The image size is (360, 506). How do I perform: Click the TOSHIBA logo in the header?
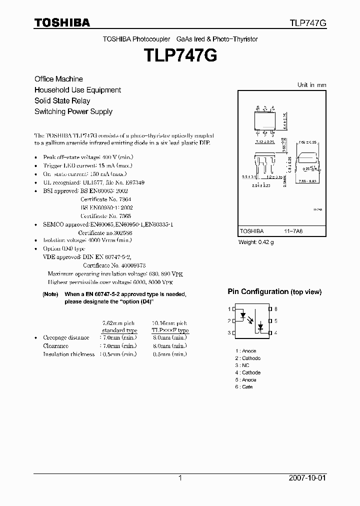coord(62,22)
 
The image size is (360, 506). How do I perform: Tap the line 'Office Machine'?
coord(58,79)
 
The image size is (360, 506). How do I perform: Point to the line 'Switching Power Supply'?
coord(73,111)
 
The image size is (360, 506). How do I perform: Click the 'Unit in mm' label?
coord(311,85)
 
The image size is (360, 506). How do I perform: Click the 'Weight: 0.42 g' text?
coord(256,242)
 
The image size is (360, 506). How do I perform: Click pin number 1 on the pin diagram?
coord(229,309)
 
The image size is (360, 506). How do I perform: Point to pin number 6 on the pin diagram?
coord(276,309)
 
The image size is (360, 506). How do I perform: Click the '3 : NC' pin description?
coord(242,365)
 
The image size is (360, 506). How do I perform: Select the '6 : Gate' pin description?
coord(244,387)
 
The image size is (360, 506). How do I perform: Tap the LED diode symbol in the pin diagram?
coord(243,316)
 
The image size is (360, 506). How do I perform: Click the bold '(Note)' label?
coord(50,294)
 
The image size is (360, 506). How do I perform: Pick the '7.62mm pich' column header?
coord(118,323)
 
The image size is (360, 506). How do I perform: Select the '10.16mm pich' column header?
coord(170,323)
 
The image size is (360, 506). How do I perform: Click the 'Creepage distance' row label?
coord(66,337)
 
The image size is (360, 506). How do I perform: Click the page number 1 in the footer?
coord(180,478)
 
